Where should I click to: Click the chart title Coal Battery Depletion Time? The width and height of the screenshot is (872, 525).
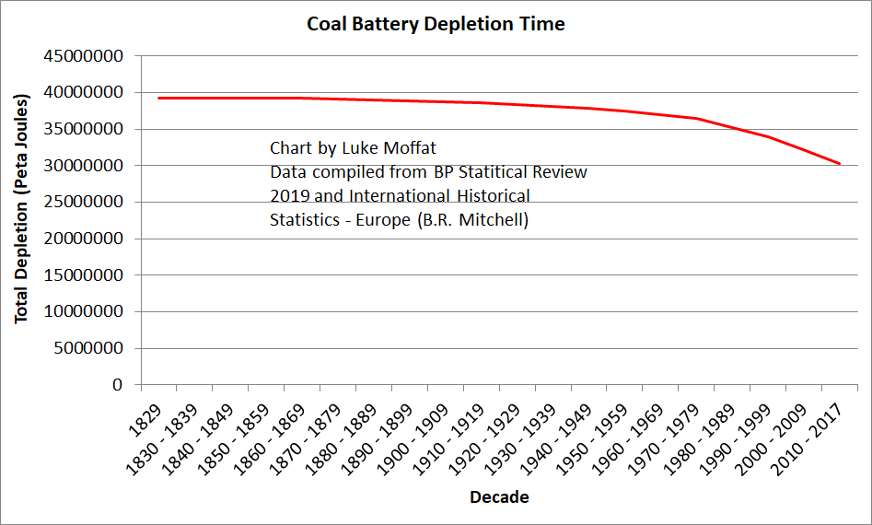click(436, 24)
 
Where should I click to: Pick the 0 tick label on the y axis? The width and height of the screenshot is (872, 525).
click(117, 385)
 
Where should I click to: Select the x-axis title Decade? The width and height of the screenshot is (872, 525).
click(499, 497)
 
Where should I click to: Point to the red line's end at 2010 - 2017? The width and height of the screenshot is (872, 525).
click(839, 164)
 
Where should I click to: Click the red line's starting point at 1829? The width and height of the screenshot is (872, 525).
click(158, 98)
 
